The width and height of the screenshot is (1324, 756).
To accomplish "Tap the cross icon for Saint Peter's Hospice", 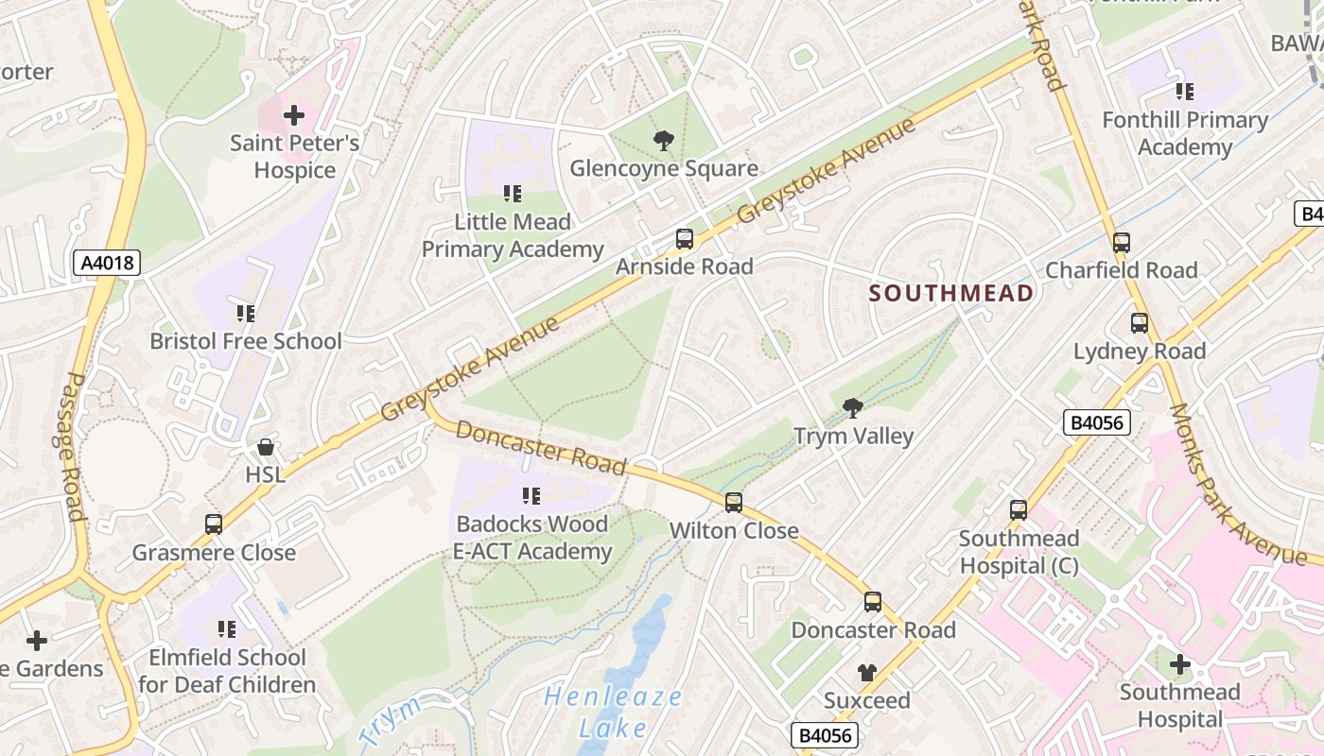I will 294,116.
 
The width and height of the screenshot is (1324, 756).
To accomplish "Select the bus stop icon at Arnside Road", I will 685,239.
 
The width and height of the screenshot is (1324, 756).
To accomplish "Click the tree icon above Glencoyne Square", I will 664,142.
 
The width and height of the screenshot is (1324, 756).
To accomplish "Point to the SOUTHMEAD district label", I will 951,293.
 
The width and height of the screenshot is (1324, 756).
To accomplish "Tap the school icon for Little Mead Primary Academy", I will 513,195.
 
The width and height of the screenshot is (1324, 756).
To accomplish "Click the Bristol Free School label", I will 246,341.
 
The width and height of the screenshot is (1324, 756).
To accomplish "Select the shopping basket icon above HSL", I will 266,447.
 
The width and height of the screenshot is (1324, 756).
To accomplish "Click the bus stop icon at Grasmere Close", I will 214,524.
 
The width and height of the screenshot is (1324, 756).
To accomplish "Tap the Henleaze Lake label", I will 613,713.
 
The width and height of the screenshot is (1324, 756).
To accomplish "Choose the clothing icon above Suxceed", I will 866,673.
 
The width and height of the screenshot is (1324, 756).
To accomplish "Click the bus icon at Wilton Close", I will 734,503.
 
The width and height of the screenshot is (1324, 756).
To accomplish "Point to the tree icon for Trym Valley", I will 852,408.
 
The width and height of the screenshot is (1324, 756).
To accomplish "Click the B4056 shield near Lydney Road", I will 1096,422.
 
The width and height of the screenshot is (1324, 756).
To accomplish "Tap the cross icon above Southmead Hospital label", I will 1179,664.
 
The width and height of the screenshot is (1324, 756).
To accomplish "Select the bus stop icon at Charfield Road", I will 1122,243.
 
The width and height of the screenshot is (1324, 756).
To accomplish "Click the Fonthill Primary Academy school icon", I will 1184,92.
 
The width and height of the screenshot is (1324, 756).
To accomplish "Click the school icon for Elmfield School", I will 227,629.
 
